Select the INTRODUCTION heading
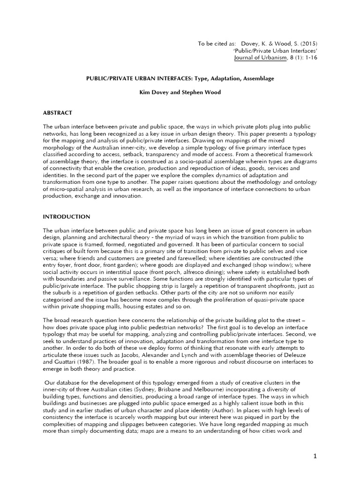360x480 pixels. click(67, 217)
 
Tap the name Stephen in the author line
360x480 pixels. click(184, 92)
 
